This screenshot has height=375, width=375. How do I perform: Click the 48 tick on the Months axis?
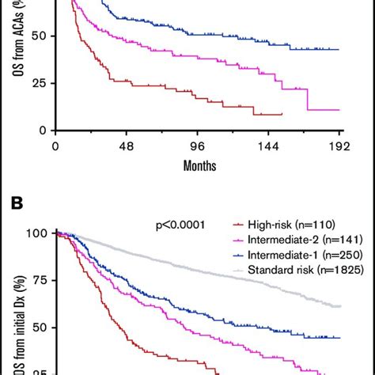click(x=126, y=146)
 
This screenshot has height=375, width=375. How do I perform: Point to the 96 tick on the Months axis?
click(x=198, y=146)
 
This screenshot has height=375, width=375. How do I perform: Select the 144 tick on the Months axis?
click(x=270, y=146)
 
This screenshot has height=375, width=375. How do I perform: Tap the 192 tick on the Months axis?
click(x=341, y=146)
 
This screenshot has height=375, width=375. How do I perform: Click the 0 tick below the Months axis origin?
click(x=55, y=146)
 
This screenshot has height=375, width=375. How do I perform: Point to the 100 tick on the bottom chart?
click(x=36, y=233)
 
